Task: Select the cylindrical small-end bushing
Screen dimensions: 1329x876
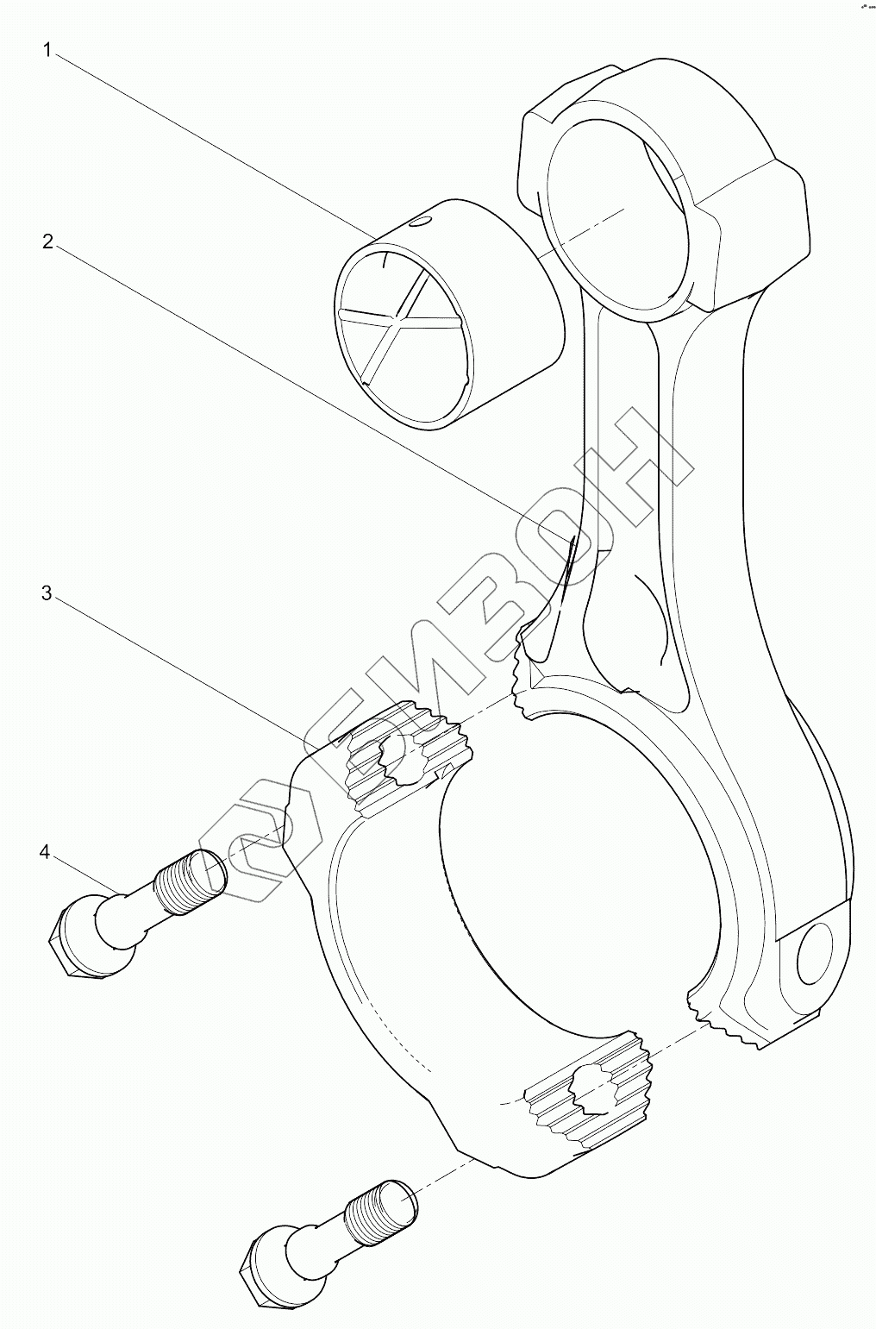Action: point(448,319)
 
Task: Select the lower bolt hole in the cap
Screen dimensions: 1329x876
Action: point(592,1088)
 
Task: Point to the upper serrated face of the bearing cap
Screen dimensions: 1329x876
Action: point(405,759)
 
